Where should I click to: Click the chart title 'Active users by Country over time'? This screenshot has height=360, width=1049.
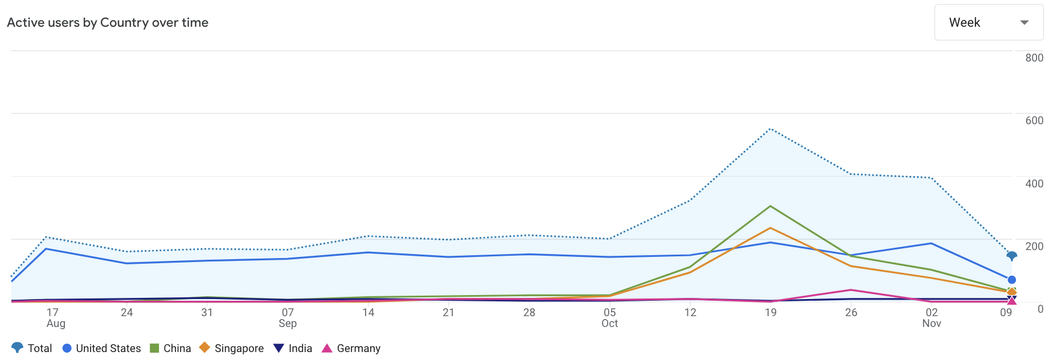coord(108,23)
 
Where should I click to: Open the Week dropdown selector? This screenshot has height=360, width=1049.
coord(988,23)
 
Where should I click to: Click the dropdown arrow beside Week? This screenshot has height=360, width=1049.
coord(1024,23)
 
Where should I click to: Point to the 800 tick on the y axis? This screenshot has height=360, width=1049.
coord(1034,58)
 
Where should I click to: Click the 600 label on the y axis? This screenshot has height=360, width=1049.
coord(1034,120)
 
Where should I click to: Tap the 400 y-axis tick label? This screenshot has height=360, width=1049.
coord(1034,183)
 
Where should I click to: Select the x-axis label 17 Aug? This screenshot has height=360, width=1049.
coord(55,318)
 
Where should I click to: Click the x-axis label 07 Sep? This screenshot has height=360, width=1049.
coord(288,318)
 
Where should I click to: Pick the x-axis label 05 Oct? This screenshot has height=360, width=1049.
coord(609,318)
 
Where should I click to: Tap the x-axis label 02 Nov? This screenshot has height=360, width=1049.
coord(931,318)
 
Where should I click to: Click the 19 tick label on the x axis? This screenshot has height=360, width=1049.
coord(771,312)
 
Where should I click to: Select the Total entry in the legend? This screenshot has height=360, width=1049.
coord(32,348)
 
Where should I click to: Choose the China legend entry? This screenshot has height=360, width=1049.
coord(170,348)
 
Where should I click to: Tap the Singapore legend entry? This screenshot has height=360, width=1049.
coord(231,348)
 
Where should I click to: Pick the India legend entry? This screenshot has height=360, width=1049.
coord(293,348)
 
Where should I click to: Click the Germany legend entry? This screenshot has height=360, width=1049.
coord(351,348)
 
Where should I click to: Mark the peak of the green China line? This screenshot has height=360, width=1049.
coord(771,206)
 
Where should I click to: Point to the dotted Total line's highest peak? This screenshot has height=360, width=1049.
coord(771,129)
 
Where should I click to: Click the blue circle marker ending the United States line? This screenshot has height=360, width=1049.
coord(1011,280)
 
